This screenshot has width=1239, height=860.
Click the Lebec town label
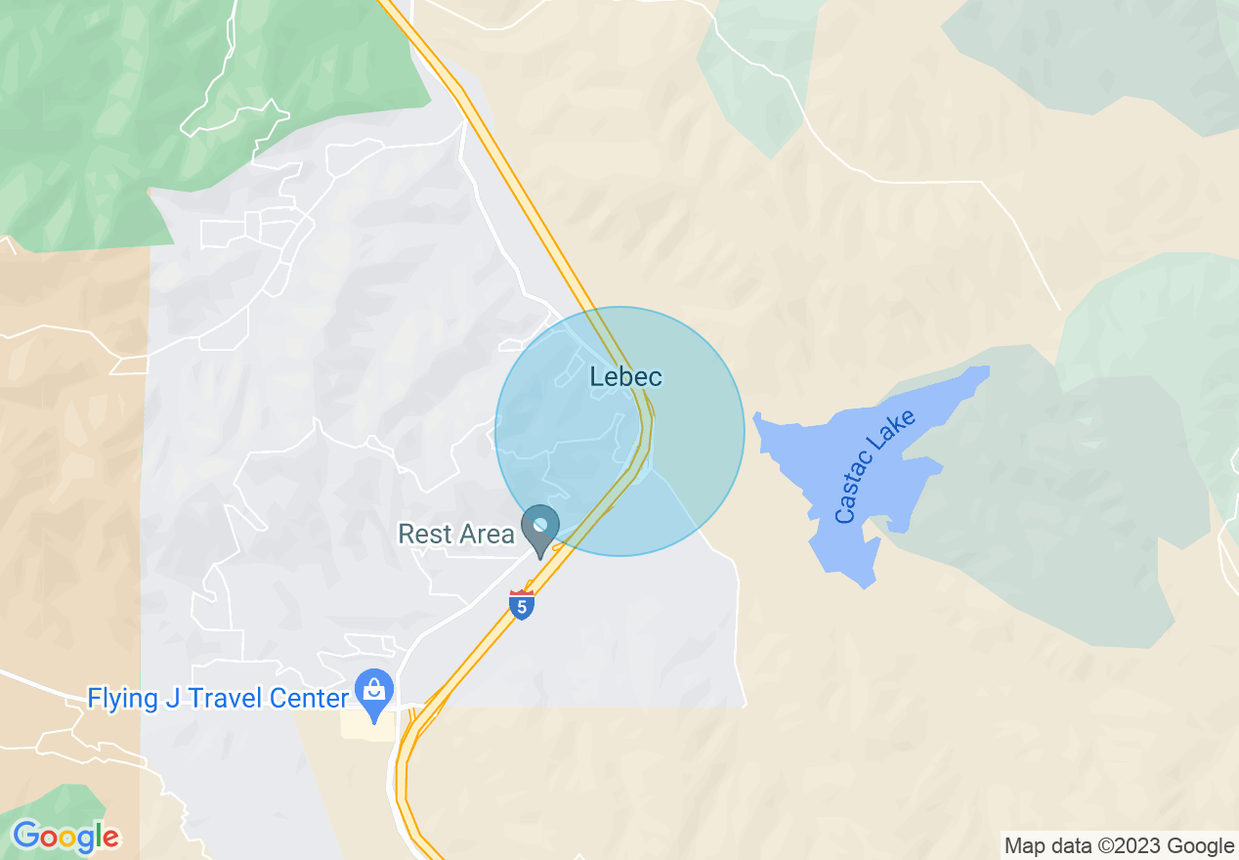(625, 376)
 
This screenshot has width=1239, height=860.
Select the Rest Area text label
(455, 535)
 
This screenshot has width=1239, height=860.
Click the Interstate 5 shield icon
(522, 605)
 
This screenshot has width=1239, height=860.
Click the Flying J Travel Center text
(218, 699)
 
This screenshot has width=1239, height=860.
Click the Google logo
(65, 837)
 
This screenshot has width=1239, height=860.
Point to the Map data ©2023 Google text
(1119, 845)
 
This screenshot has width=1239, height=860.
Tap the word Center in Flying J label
(308, 699)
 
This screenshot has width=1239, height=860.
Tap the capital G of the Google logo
(26, 837)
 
